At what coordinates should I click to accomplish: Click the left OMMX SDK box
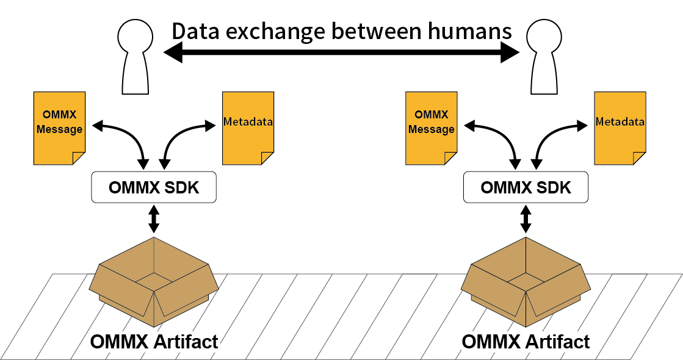(x=154, y=187)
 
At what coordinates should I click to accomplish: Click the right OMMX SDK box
(x=526, y=187)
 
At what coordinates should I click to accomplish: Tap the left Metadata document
(x=248, y=128)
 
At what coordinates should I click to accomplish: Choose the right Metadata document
(x=620, y=128)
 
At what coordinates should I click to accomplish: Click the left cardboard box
(x=154, y=281)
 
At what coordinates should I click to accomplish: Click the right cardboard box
(x=526, y=281)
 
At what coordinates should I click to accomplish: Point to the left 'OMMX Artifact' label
(x=154, y=341)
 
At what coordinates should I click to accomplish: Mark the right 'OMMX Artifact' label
(x=526, y=341)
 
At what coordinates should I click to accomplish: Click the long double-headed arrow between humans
(x=341, y=53)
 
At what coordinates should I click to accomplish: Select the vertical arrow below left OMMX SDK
(x=154, y=219)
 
